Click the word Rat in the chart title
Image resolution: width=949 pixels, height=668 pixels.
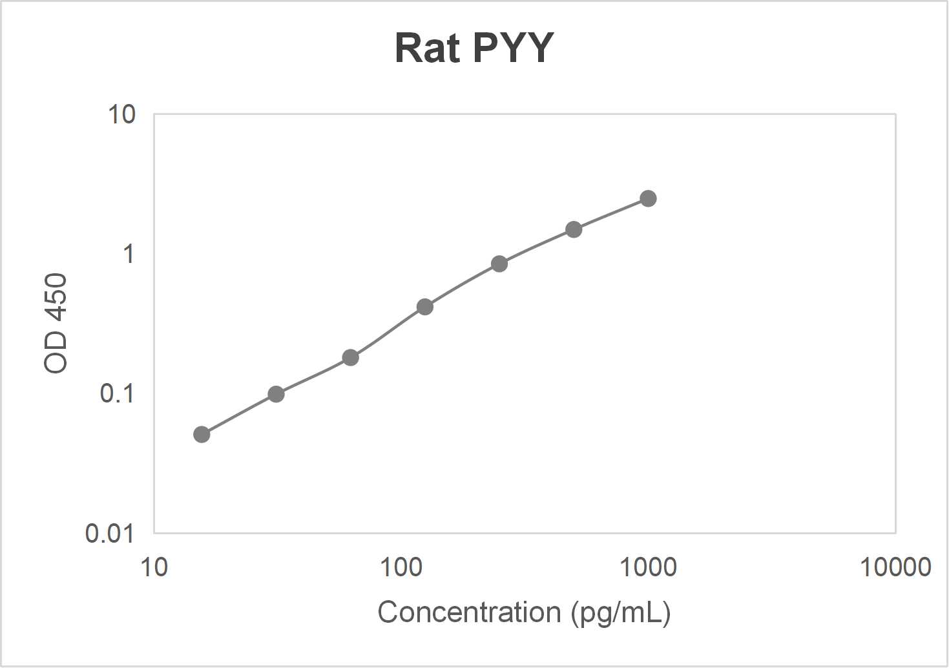(x=427, y=48)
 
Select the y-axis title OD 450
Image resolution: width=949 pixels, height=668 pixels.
(x=56, y=323)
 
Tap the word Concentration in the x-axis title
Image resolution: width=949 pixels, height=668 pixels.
(x=469, y=612)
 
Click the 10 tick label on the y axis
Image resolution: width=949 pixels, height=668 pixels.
(x=121, y=115)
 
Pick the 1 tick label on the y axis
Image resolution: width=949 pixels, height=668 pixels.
(x=129, y=254)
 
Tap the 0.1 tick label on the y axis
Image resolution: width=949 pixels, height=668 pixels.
(x=117, y=393)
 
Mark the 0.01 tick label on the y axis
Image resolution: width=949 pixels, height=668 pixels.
(x=110, y=534)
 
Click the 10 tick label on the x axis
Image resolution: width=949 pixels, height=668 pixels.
(x=154, y=567)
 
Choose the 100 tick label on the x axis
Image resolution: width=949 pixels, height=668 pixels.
(x=401, y=567)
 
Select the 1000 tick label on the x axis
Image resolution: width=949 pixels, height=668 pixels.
(x=648, y=567)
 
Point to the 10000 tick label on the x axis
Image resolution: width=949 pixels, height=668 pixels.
(x=895, y=567)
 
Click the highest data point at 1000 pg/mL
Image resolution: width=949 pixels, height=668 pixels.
(x=648, y=198)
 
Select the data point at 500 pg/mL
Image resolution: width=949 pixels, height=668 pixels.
(x=574, y=229)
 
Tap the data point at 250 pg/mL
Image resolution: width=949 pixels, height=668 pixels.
(x=499, y=264)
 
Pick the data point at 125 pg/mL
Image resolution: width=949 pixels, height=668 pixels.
(x=425, y=307)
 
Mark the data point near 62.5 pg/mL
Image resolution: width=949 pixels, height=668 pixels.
(x=350, y=357)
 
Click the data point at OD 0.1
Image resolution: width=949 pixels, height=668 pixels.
(x=276, y=394)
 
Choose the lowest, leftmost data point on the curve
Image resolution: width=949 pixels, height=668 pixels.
(x=202, y=434)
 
